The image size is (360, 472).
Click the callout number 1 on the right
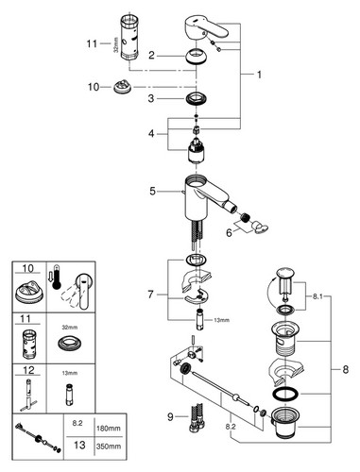pyautogui.click(x=259, y=75)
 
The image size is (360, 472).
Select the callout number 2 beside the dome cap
pyautogui.click(x=151, y=56)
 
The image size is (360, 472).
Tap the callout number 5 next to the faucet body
pyautogui.click(x=152, y=191)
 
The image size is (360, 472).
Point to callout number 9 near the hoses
pyautogui.click(x=170, y=417)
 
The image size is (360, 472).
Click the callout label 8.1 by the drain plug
pyautogui.click(x=317, y=296)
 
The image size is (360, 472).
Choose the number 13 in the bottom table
pyautogui.click(x=79, y=445)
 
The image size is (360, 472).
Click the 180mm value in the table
pyautogui.click(x=109, y=429)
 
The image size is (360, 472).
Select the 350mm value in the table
pyautogui.click(x=109, y=447)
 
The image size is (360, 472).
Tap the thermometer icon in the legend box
pyautogui.click(x=57, y=277)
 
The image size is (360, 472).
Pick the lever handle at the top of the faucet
pyautogui.click(x=205, y=29)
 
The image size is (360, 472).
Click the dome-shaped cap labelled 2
pyautogui.click(x=197, y=57)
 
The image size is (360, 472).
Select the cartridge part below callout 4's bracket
pyautogui.click(x=197, y=151)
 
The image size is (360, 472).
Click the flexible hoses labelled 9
pyautogui.click(x=195, y=417)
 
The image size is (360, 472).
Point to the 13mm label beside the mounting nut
pyautogui.click(x=222, y=320)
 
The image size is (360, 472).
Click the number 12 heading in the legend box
pyautogui.click(x=28, y=370)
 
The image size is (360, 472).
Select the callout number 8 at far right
pyautogui.click(x=346, y=369)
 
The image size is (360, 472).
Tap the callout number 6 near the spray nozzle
pyautogui.click(x=229, y=233)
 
